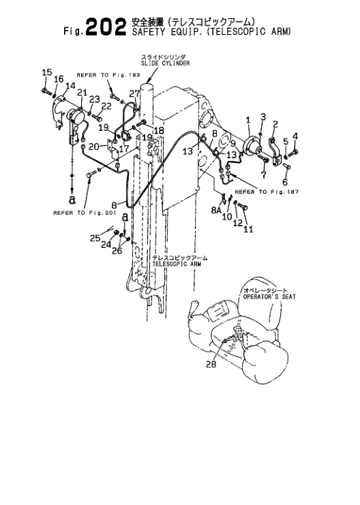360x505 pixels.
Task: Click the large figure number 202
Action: point(106,27)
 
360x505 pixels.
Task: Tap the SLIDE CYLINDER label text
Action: point(165,63)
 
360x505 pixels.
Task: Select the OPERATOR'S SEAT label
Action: point(269,296)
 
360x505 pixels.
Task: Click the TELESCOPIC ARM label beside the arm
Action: point(177,264)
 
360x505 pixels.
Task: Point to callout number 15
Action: point(47,72)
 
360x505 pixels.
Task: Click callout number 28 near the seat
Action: point(211,364)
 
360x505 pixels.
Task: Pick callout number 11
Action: point(248,229)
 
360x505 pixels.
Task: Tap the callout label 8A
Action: point(217,211)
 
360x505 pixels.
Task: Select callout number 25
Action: point(95,239)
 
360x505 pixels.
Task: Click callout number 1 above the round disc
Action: point(248,120)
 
